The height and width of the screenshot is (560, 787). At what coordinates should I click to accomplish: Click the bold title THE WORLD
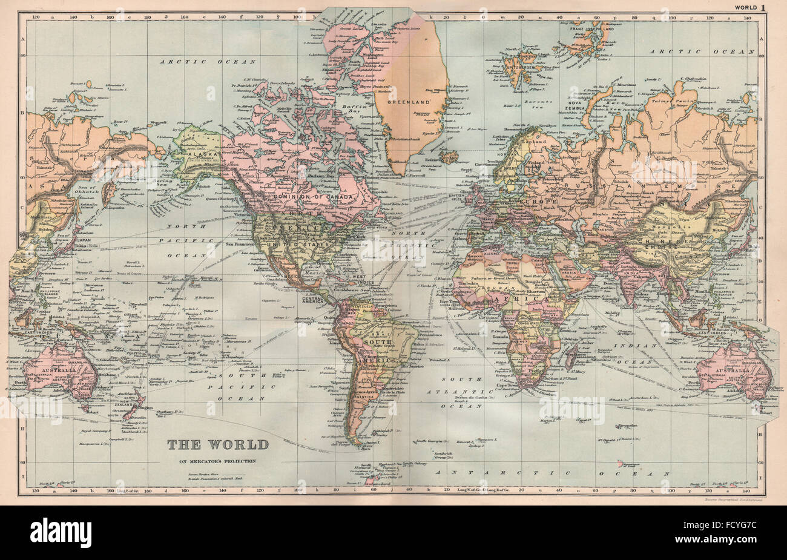[x=218, y=444]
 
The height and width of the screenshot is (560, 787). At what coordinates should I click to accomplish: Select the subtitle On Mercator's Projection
[x=217, y=461]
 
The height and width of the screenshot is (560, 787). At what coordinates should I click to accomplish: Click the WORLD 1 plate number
[x=750, y=7]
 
